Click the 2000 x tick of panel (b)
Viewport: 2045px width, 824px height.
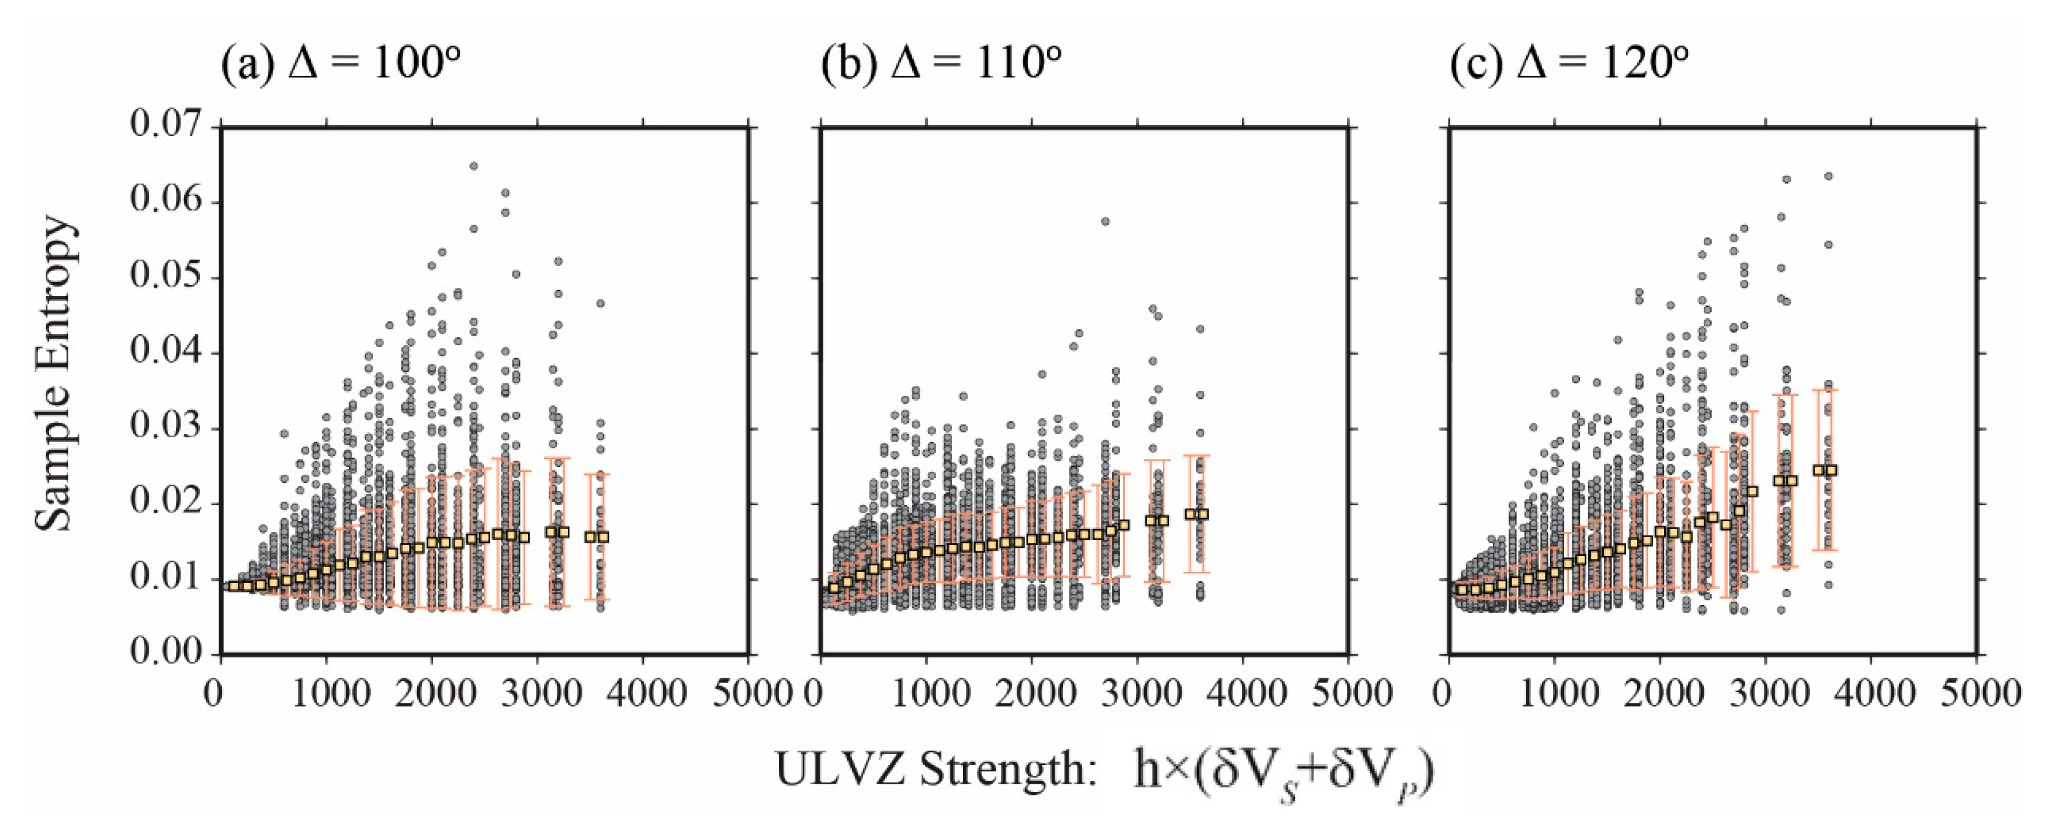click(x=1031, y=693)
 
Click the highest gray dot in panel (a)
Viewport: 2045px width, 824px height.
click(x=473, y=166)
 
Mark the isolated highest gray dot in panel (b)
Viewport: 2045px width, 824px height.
click(x=1105, y=221)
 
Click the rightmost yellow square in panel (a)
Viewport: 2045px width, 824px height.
click(x=604, y=537)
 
